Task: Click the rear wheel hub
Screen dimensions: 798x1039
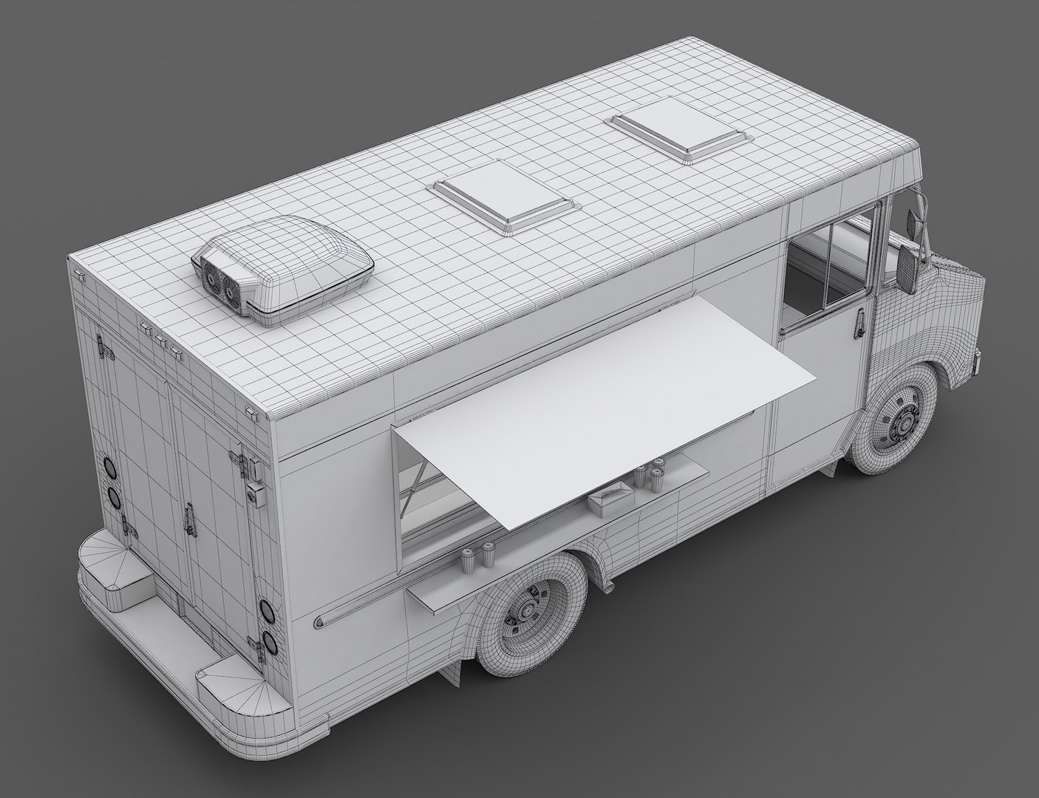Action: click(528, 610)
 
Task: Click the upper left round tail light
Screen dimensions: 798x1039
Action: click(110, 468)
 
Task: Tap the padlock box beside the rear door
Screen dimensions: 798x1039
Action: click(255, 494)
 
